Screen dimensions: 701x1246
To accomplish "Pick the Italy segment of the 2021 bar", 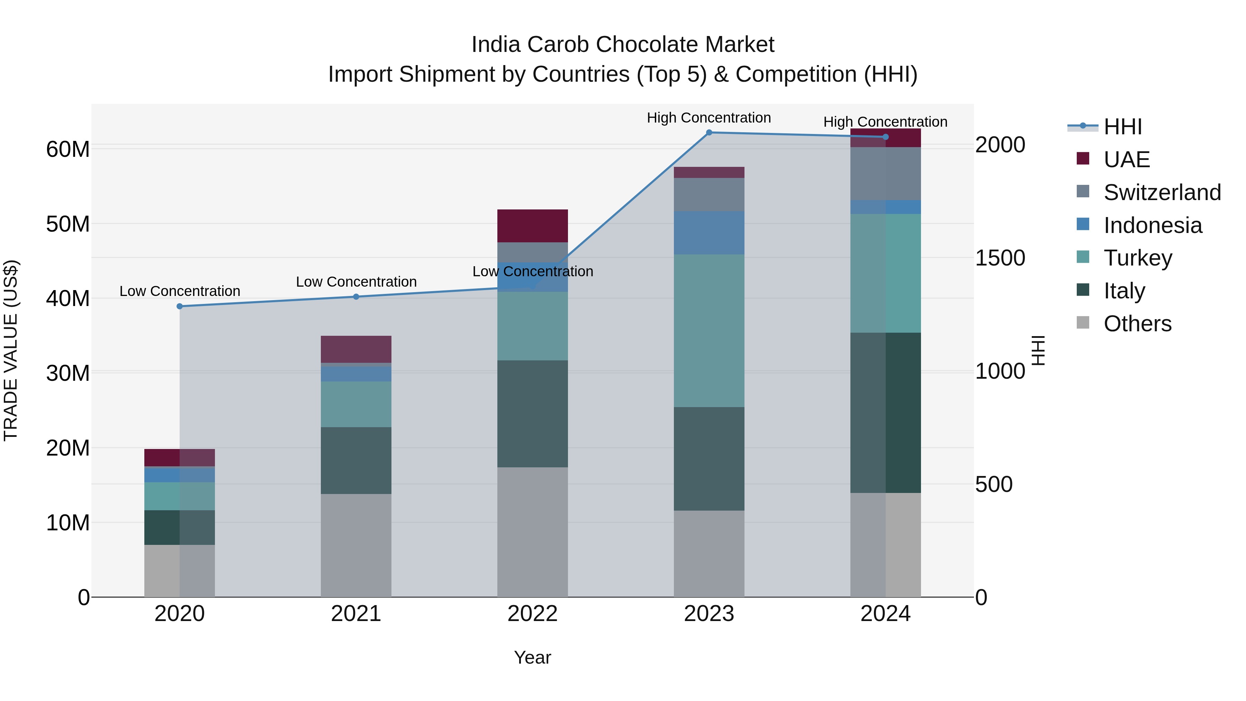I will coord(356,460).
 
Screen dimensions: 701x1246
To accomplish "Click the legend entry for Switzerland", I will coord(1161,192).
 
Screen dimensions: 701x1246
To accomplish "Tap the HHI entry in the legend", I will coord(1122,127).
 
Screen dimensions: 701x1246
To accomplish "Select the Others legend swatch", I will coord(1083,323).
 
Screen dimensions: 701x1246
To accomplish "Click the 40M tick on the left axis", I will coord(68,298).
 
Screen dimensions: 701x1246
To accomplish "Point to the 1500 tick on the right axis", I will coord(999,258).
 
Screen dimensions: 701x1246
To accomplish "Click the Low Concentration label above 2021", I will coord(356,281).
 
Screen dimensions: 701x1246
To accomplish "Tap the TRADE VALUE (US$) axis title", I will coord(11,350).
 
